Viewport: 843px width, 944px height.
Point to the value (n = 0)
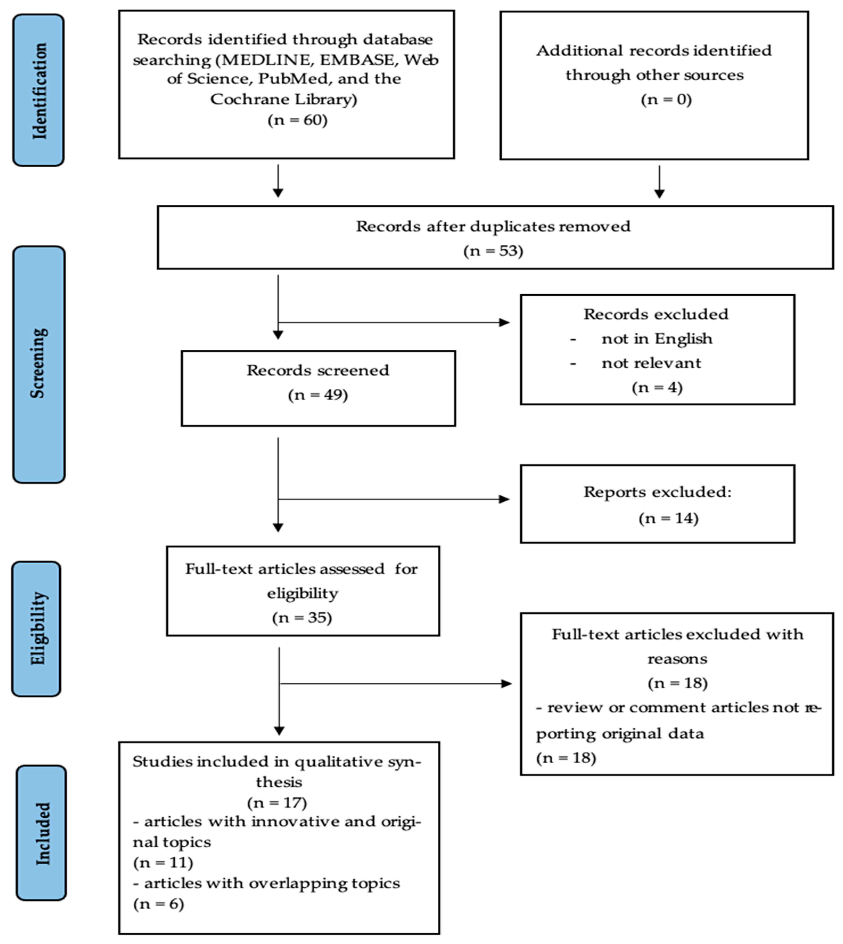tap(666, 100)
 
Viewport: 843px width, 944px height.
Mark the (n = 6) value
tap(158, 904)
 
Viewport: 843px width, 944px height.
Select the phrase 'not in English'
tap(656, 339)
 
